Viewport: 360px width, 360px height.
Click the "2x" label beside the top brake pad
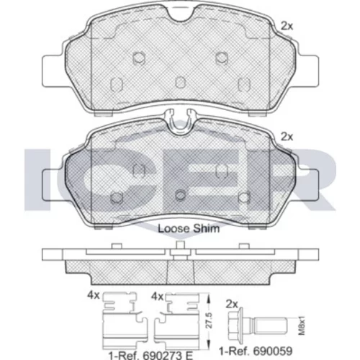(287, 26)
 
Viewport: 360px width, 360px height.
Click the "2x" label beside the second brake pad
(287, 137)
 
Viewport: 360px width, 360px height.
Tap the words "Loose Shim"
(189, 228)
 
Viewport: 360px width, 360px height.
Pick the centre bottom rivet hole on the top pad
(181, 83)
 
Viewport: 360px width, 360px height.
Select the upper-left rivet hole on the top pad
(139, 58)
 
